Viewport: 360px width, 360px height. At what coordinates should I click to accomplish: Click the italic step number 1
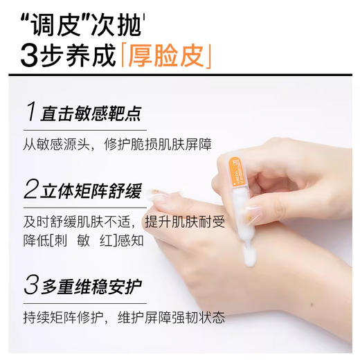tap(30, 113)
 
